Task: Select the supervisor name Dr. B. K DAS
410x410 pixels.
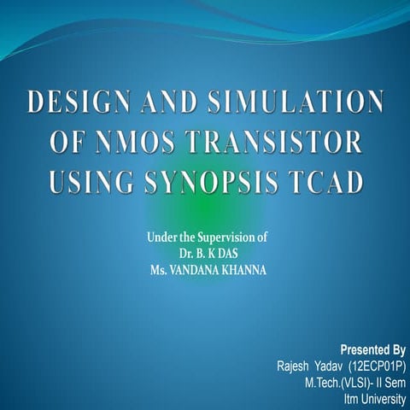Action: click(205, 254)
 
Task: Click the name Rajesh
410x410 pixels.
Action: click(293, 365)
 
